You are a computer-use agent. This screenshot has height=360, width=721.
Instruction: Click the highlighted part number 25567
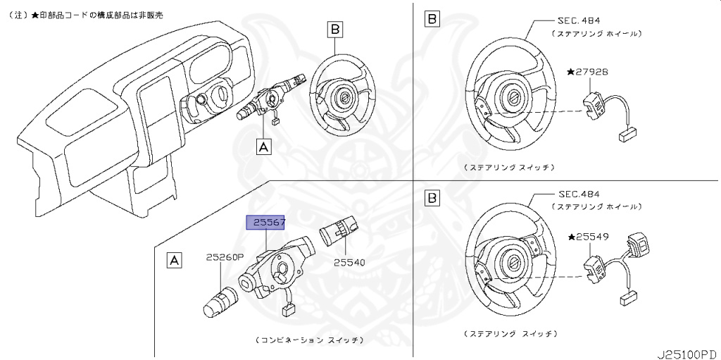(x=265, y=223)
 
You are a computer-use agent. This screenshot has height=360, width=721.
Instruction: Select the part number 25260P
(x=225, y=257)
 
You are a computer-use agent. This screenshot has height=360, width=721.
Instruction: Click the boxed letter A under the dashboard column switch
(x=263, y=147)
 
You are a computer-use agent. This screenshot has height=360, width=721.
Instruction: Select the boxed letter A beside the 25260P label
(x=173, y=261)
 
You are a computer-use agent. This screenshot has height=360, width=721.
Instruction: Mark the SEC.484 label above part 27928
(x=579, y=22)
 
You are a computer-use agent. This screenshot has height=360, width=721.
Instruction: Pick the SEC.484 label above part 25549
(x=579, y=194)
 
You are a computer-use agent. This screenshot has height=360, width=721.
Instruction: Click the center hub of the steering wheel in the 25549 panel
(x=514, y=262)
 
